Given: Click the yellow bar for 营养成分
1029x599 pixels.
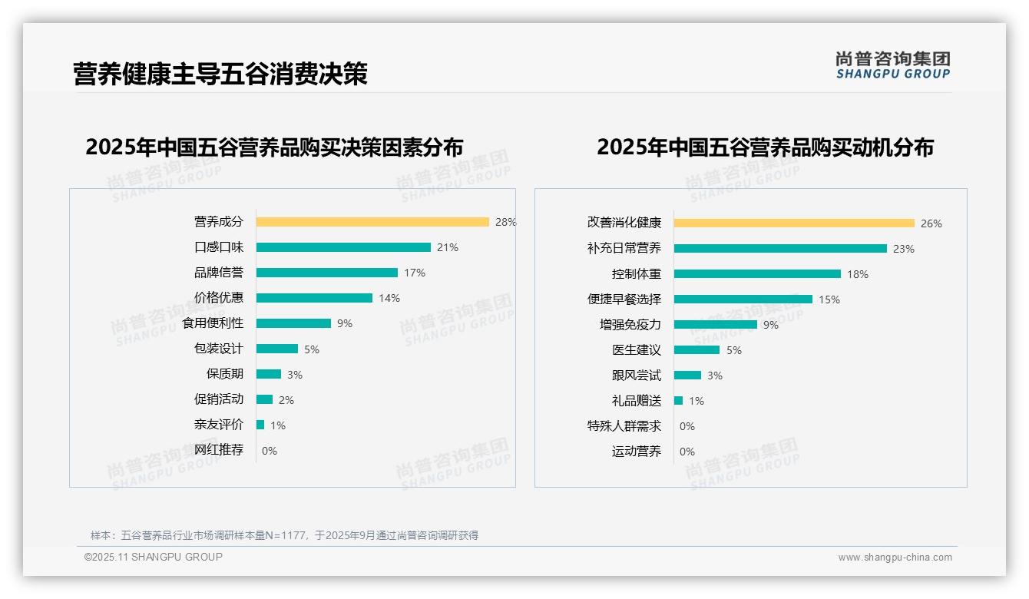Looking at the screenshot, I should pyautogui.click(x=372, y=222).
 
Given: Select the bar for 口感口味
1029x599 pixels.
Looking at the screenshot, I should pyautogui.click(x=343, y=247).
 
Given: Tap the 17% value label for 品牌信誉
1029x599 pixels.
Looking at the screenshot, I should pyautogui.click(x=415, y=273).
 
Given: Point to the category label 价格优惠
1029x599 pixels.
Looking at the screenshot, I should pyautogui.click(x=219, y=298).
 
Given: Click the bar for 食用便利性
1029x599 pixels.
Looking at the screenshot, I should pyautogui.click(x=293, y=323).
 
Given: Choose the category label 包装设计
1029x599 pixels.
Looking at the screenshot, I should pyautogui.click(x=219, y=349).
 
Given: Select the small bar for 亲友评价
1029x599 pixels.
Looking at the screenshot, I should pyautogui.click(x=260, y=425).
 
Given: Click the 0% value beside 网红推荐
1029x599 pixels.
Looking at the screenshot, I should pyautogui.click(x=270, y=451).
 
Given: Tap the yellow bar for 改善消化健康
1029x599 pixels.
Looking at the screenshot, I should pyautogui.click(x=794, y=223).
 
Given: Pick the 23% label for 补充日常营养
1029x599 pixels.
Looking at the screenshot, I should pyautogui.click(x=904, y=249).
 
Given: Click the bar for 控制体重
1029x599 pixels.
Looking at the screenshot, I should pyautogui.click(x=757, y=274).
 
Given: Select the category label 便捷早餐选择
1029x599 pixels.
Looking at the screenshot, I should pyautogui.click(x=624, y=299).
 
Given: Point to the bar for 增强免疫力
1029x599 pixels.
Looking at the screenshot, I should pyautogui.click(x=716, y=325).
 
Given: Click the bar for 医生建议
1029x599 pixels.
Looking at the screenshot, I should pyautogui.click(x=696, y=350).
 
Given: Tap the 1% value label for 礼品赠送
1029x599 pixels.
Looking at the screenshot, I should pyautogui.click(x=696, y=401).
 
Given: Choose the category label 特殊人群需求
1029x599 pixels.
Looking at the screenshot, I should pyautogui.click(x=624, y=426).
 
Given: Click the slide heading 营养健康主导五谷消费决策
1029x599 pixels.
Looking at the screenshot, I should pyautogui.click(x=220, y=74).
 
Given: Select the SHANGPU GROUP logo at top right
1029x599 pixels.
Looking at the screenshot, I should pyautogui.click(x=893, y=65).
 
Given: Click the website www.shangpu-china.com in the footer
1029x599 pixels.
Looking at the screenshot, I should pyautogui.click(x=895, y=558).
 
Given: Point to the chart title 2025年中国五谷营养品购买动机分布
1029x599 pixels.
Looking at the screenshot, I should pyautogui.click(x=765, y=147).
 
